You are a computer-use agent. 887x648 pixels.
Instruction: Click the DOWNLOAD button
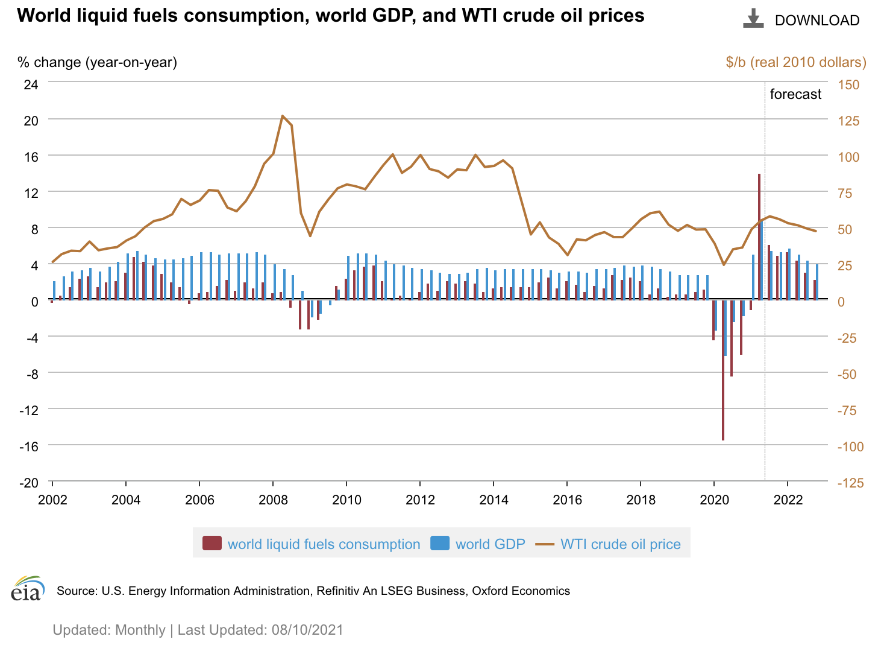click(x=801, y=20)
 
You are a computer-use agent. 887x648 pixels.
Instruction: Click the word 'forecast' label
click(x=795, y=94)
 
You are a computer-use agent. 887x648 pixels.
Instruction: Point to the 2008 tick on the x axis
click(x=273, y=500)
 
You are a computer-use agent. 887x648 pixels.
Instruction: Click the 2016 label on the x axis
click(x=567, y=500)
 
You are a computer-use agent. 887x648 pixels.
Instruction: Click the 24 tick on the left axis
click(x=31, y=84)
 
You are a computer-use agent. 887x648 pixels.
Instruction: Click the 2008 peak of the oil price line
click(x=283, y=116)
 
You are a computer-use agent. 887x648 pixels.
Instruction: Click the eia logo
click(x=28, y=588)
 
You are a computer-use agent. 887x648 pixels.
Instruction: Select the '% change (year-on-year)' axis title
click(x=97, y=62)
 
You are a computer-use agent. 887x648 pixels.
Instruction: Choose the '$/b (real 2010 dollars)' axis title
click(x=796, y=62)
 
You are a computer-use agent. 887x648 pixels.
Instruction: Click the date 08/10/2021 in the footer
click(x=307, y=630)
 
